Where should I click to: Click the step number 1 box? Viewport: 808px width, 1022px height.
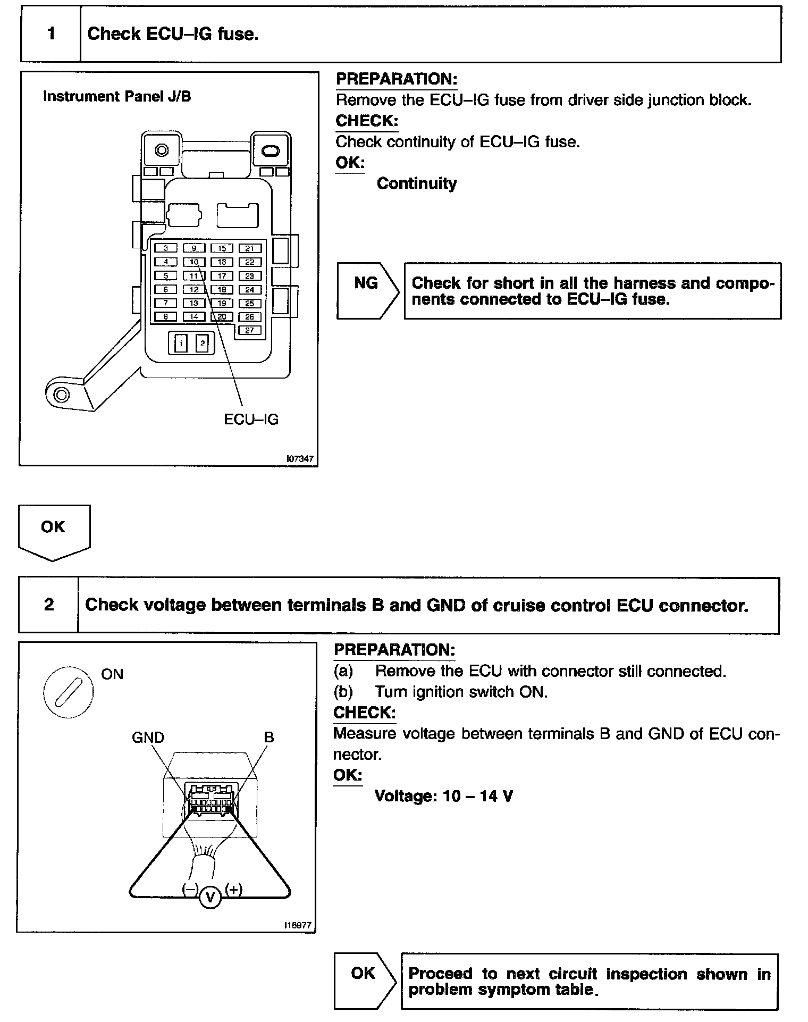51,35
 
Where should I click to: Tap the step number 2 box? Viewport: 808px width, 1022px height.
49,605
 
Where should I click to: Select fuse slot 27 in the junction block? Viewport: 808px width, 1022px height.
249,330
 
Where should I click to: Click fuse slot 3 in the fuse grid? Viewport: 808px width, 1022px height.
166,248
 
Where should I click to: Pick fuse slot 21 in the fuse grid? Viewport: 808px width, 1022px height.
249,248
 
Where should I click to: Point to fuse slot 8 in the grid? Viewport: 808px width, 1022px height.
166,317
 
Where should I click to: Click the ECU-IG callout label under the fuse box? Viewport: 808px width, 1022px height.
251,420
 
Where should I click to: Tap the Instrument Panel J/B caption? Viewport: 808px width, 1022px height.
117,96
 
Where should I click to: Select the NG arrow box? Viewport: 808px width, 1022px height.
367,290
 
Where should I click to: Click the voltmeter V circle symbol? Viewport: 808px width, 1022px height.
211,898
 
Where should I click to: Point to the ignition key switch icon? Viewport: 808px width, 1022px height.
68,692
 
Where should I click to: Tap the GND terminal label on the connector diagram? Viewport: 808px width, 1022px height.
148,738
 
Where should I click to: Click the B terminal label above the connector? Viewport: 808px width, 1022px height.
269,738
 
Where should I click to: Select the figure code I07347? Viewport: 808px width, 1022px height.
300,458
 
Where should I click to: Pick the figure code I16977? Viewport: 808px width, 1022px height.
297,925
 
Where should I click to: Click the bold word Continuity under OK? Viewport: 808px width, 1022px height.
416,183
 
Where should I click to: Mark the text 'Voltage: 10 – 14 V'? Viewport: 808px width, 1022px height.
443,796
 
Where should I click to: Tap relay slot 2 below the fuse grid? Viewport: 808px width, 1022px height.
202,344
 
